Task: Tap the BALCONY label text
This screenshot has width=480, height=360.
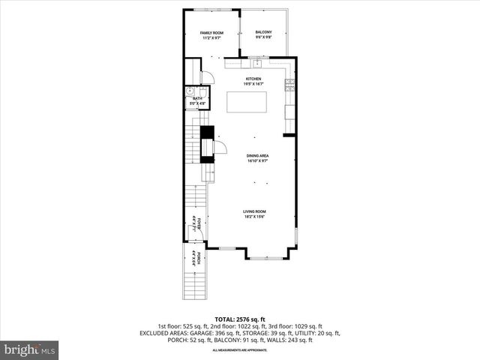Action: [263, 32]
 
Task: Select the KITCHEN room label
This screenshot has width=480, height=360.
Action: [253, 79]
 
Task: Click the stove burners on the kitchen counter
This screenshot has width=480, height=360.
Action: [289, 83]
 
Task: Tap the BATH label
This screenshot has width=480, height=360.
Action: [197, 98]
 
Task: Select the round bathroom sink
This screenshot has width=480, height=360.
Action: [190, 91]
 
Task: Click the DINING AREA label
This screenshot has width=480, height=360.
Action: [258, 156]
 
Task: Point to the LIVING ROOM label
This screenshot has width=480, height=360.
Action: [253, 211]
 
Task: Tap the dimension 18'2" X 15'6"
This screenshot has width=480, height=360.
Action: [253, 217]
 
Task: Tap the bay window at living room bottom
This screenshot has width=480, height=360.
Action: [265, 256]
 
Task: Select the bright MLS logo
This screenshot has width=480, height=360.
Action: [30, 349]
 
